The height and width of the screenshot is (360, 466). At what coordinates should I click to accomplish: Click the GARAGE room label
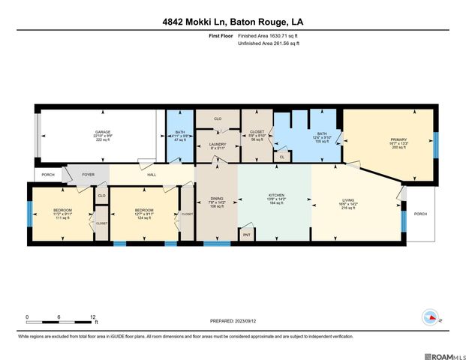(x=102, y=132)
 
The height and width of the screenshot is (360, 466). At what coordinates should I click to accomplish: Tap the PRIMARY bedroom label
(x=398, y=139)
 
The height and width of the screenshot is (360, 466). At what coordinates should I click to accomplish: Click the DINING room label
(x=216, y=199)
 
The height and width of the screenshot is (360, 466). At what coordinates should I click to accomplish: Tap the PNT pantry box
(x=246, y=235)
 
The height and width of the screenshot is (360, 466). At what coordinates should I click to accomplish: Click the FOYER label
(x=88, y=174)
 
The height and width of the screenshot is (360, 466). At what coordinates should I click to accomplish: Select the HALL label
(x=151, y=174)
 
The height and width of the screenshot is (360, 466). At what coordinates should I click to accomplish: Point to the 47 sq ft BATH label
(x=180, y=132)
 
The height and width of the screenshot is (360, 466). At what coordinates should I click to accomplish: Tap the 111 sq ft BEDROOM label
(x=62, y=210)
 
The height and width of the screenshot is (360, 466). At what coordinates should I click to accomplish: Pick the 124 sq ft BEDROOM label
(x=143, y=210)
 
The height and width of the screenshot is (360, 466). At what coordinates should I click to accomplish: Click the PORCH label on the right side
(x=420, y=214)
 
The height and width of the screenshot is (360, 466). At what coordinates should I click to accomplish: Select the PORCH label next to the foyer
(x=48, y=174)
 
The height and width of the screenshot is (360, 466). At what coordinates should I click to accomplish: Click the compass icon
(x=430, y=316)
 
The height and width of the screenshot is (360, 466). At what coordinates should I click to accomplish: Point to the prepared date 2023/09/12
(x=233, y=321)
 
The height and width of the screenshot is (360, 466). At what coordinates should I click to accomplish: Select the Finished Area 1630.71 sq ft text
(x=269, y=35)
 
